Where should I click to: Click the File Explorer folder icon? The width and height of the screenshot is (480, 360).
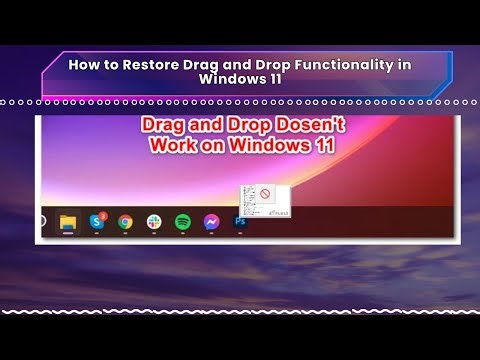(68, 222)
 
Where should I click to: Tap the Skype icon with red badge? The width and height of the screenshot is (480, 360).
(97, 221)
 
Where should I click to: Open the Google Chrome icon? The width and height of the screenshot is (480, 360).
(125, 222)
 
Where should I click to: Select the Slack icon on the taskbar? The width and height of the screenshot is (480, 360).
(154, 222)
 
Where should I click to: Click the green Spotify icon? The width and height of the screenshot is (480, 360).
(183, 222)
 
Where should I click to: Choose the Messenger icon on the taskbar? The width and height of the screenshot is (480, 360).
(211, 222)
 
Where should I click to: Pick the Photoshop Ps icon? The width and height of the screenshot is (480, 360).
(240, 222)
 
